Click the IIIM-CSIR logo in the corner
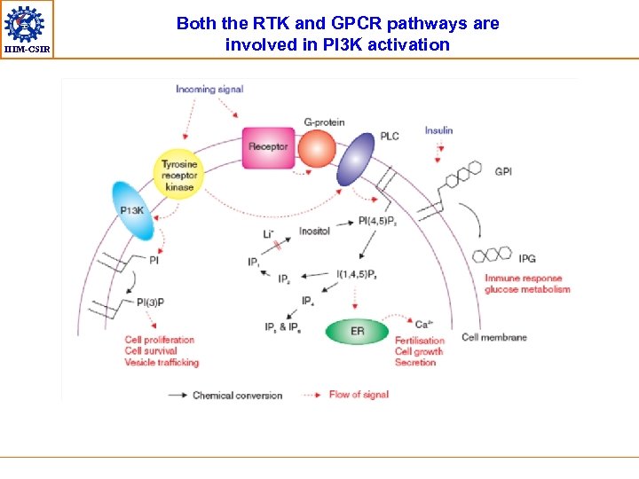(27, 27)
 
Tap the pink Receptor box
(268, 147)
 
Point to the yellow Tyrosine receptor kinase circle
(179, 173)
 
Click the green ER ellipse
(357, 332)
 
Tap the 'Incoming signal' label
(209, 90)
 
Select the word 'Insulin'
(438, 130)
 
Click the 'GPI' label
(503, 171)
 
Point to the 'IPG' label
(527, 259)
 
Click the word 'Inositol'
(314, 231)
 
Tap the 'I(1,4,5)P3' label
(357, 275)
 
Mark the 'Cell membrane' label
(494, 337)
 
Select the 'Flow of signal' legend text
(359, 395)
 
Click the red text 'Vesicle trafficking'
(162, 362)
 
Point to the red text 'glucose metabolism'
(527, 289)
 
